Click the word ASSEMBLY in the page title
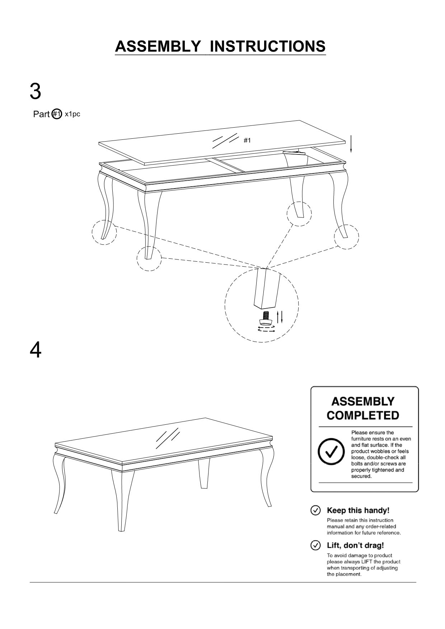pos(158,47)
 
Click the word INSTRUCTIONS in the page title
pos(267,47)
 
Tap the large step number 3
pos(35,91)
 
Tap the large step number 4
pos(35,350)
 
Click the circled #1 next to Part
pos(57,114)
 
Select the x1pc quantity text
pos(72,114)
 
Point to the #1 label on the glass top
pos(247,140)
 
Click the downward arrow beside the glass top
pos(351,144)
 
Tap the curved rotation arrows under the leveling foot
pos(266,329)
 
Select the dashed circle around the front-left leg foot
pos(149,258)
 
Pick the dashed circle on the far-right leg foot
pos(346,237)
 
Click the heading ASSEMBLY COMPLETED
pos(363,408)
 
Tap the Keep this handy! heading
pos(358,510)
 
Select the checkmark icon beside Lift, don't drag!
pos(315,545)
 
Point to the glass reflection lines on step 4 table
pos(167,439)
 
